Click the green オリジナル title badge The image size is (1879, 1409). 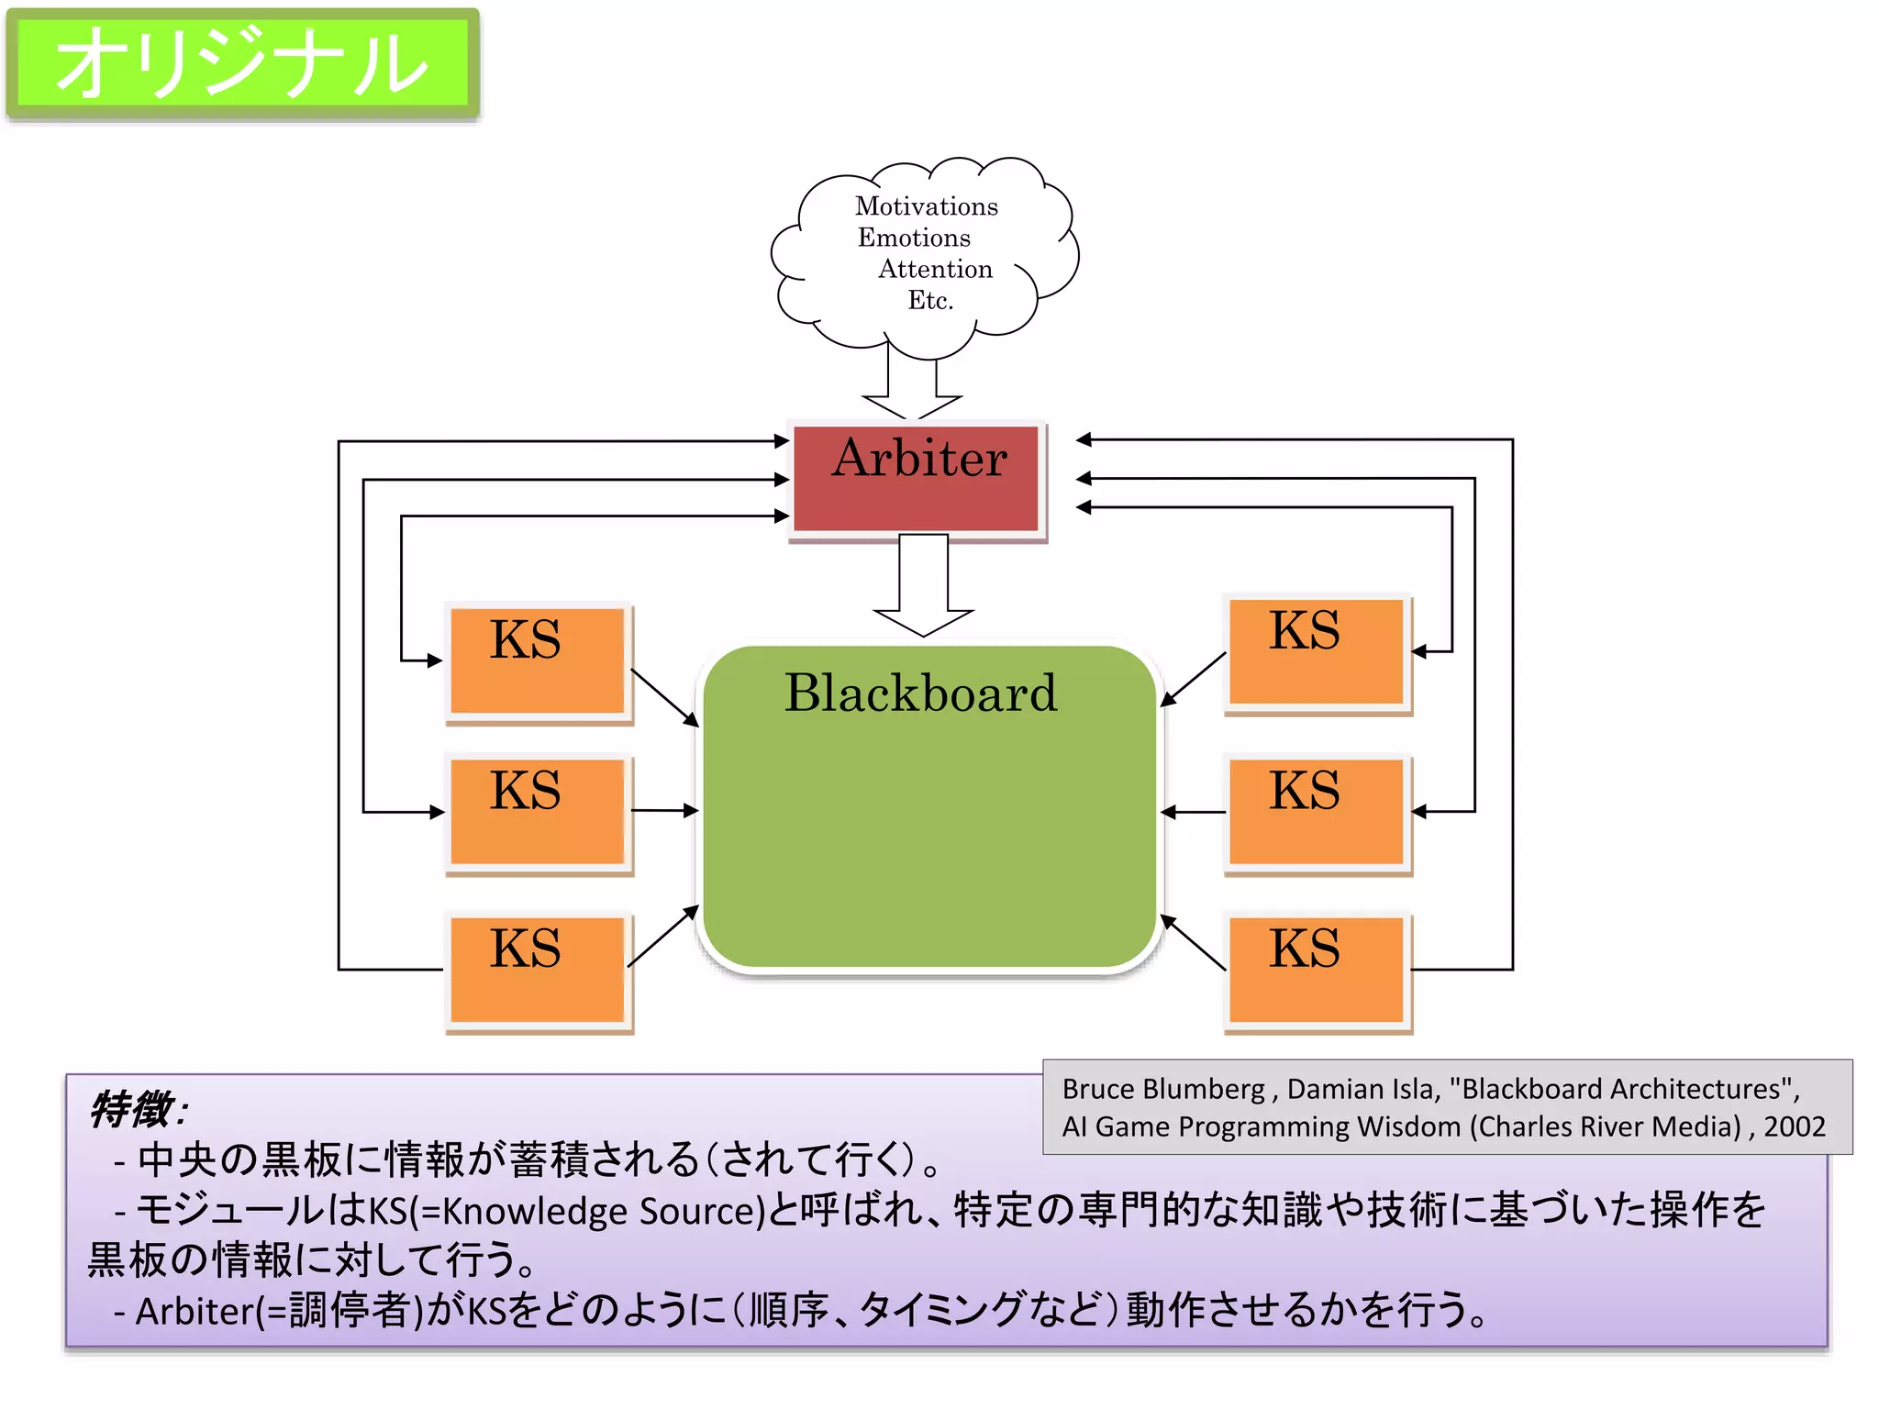click(x=243, y=64)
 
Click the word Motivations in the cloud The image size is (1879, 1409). click(x=926, y=205)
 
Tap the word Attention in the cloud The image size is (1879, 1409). click(x=935, y=269)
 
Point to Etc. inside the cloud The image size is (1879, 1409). click(x=930, y=300)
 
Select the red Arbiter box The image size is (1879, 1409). click(x=917, y=478)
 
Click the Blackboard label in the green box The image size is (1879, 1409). click(x=920, y=693)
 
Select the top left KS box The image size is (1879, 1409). click(x=538, y=660)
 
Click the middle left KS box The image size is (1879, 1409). click(x=538, y=811)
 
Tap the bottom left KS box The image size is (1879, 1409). click(x=538, y=970)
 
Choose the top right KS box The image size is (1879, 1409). click(x=1317, y=652)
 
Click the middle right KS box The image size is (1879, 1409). click(x=1317, y=811)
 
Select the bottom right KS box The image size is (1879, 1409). click(x=1317, y=970)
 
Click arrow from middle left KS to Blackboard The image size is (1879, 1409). click(x=665, y=810)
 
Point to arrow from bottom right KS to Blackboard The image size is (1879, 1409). click(x=1194, y=942)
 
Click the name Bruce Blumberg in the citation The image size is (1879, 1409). click(x=1162, y=1089)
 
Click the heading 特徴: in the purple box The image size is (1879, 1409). click(x=138, y=1109)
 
